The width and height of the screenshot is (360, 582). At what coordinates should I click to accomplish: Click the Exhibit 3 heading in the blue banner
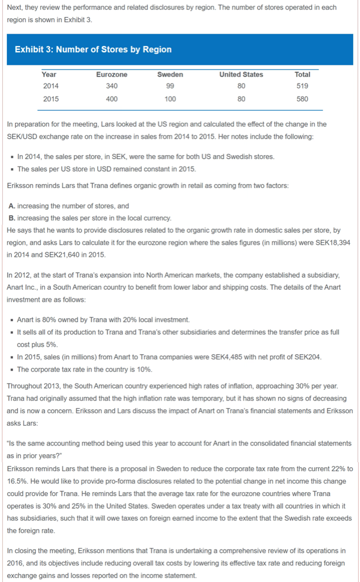tap(93, 49)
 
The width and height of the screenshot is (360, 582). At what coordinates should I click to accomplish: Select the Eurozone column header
tap(111, 74)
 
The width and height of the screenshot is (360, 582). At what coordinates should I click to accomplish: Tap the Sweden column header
tap(170, 74)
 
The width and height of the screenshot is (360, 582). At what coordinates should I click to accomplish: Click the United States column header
tap(241, 74)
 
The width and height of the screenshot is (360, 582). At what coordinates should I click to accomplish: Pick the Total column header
tap(303, 74)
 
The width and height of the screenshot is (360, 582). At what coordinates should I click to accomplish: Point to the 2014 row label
tap(50, 86)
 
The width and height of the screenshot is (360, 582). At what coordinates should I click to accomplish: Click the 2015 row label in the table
tap(50, 98)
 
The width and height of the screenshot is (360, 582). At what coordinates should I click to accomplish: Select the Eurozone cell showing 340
tap(111, 86)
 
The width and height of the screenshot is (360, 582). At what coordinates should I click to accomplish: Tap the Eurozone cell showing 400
tap(111, 98)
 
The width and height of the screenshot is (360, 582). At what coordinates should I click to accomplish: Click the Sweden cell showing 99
tap(170, 86)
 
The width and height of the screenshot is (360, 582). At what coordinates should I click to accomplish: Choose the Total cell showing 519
tap(303, 86)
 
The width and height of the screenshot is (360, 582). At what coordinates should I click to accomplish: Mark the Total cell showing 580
tap(303, 98)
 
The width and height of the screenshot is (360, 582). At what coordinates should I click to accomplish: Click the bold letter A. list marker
tap(12, 206)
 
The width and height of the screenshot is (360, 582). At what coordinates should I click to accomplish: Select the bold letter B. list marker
tap(12, 218)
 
